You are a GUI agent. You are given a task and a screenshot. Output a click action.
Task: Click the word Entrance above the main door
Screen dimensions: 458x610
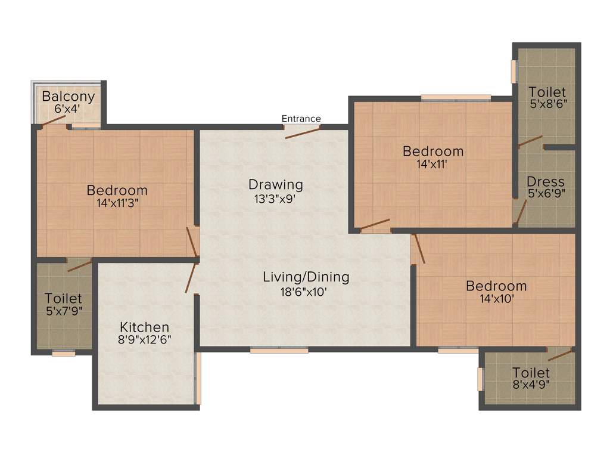[x=301, y=119]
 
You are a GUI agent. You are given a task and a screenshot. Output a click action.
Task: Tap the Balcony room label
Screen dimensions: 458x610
[x=68, y=97]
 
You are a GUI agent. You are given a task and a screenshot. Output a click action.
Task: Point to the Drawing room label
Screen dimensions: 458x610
[x=276, y=184]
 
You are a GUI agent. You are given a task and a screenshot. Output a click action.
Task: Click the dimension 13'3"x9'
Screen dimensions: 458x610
[x=275, y=199]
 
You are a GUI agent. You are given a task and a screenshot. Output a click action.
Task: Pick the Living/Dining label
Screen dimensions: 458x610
[x=306, y=277]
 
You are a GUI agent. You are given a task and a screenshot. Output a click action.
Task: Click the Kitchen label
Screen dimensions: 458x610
[x=145, y=327]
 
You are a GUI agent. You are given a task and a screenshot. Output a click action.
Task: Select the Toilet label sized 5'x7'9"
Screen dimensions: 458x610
[x=63, y=298]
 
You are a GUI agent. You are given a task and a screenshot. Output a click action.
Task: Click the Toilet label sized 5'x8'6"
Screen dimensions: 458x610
[x=547, y=92]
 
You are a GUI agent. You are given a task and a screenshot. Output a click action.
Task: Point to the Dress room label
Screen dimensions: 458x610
[x=546, y=181]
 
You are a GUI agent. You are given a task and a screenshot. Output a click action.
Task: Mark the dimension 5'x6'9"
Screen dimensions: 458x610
[x=546, y=193]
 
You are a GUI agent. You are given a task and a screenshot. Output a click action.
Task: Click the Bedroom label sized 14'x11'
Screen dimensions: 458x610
[x=432, y=151]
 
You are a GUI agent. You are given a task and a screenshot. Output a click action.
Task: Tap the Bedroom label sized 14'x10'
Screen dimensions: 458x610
[x=496, y=286]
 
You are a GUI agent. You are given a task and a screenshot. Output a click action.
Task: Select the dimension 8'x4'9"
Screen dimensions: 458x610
[x=531, y=384]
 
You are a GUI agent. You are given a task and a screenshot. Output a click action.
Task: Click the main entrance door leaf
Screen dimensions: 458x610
[x=303, y=132]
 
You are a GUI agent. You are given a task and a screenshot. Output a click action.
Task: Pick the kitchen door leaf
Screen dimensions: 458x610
[x=191, y=277]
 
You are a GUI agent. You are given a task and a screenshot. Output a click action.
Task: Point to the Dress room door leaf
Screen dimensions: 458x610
[x=521, y=211]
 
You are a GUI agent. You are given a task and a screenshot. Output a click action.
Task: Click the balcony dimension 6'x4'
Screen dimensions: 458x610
[x=67, y=109]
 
